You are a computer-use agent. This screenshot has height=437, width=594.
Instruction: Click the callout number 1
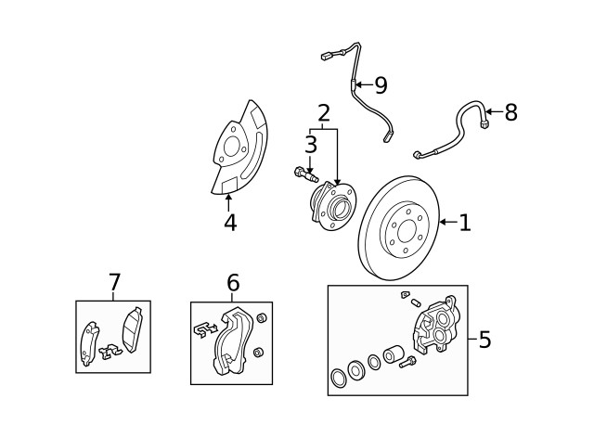click(x=464, y=222)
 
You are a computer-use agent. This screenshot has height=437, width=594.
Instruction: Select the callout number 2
click(x=323, y=114)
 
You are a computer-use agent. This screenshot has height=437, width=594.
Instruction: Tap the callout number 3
click(x=310, y=144)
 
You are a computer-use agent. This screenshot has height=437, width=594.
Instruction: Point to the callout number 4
click(x=229, y=223)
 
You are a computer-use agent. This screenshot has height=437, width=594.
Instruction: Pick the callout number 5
click(x=484, y=340)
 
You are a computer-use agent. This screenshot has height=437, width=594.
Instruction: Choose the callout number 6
click(x=232, y=282)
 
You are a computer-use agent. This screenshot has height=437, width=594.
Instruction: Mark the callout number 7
click(x=114, y=281)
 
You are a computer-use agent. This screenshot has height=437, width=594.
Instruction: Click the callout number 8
click(x=510, y=113)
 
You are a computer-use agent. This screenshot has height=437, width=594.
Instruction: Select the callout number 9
click(x=380, y=85)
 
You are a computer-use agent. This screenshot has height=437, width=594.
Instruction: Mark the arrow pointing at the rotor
click(x=445, y=222)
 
